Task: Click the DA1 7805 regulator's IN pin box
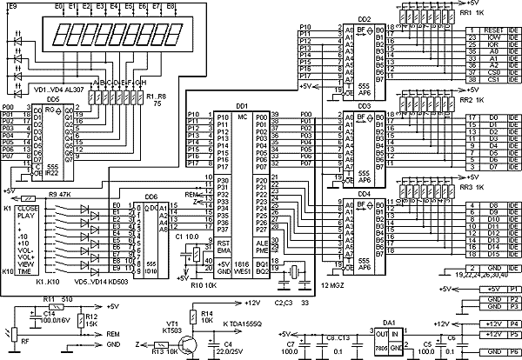pyautogui.click(x=398, y=332)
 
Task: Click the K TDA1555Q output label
pyautogui.click(x=246, y=323)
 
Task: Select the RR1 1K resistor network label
pyautogui.click(x=501, y=12)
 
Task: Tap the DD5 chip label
pyautogui.click(x=53, y=100)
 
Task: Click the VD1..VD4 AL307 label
pyautogui.click(x=57, y=89)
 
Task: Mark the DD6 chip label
pyautogui.click(x=151, y=197)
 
